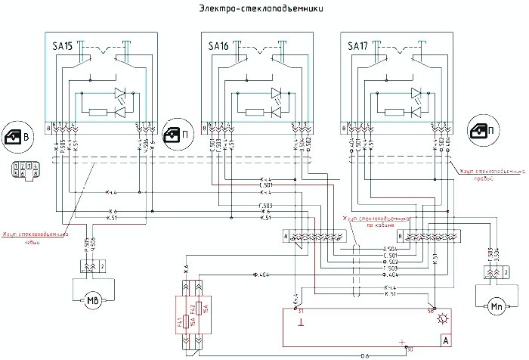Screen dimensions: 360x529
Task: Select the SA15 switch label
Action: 63,47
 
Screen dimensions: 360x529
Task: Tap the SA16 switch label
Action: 218,47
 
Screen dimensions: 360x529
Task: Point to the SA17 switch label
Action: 357,47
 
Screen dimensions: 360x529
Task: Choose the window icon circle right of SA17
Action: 484,132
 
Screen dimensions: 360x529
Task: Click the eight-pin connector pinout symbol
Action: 22,169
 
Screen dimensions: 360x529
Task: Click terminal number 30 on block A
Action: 409,350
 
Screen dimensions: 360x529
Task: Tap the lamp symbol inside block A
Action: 442,319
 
